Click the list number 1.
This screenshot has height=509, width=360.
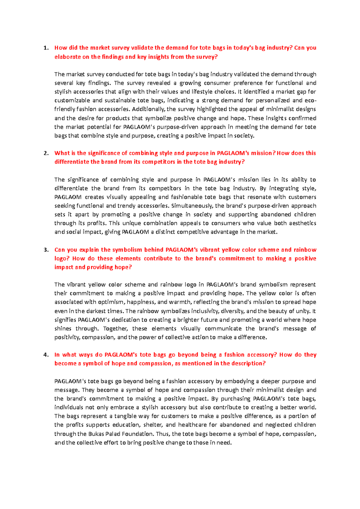point(46,48)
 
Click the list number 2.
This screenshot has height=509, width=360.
point(46,153)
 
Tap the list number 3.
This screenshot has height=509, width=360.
point(46,250)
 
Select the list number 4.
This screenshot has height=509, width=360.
point(46,355)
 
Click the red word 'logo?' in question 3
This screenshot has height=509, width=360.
point(61,259)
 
